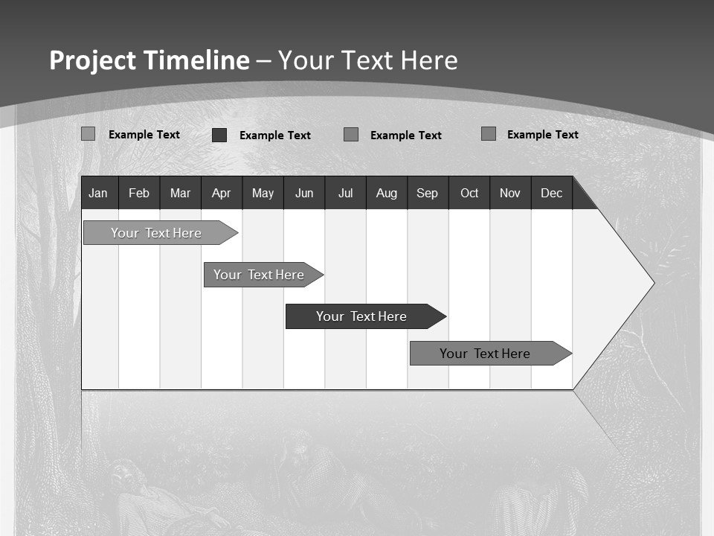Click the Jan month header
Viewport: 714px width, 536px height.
(98, 193)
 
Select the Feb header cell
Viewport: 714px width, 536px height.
(139, 193)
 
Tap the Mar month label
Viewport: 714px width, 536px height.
(180, 193)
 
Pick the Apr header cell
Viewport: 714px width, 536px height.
(221, 193)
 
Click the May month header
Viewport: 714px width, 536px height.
(263, 193)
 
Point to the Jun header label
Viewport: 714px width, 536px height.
(304, 193)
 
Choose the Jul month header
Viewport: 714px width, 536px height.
(345, 193)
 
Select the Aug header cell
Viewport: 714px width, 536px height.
(386, 193)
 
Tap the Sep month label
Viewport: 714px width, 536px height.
(427, 193)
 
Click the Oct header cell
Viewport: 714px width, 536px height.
(469, 193)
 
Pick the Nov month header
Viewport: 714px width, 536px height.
(510, 193)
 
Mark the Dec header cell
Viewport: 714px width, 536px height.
(551, 193)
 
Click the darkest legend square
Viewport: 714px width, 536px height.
(219, 135)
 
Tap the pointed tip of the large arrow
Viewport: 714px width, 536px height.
(652, 283)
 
